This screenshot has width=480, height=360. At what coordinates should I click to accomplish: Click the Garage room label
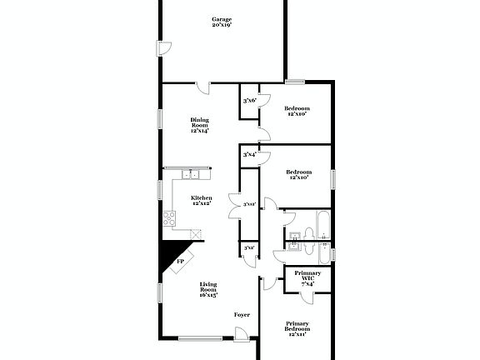point(221,18)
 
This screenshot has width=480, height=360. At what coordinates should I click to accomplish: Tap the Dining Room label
point(200,122)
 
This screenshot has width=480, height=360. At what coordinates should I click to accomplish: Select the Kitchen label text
point(202,197)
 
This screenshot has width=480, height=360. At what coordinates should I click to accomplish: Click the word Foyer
point(242,314)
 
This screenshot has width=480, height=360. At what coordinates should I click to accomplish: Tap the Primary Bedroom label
point(297,326)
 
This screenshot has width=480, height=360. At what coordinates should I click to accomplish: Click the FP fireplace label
point(180,262)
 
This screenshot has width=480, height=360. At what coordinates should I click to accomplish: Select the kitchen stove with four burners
point(169,219)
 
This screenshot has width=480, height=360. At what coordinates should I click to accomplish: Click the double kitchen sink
point(192,174)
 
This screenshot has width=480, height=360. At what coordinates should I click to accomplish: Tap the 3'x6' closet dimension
point(248,101)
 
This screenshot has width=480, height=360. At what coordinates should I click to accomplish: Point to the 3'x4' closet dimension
point(248,154)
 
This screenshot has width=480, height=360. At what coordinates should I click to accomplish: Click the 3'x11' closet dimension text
point(248,204)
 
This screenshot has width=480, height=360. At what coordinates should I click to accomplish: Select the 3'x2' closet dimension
point(248,247)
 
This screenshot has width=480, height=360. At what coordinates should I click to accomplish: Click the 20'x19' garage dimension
point(221,26)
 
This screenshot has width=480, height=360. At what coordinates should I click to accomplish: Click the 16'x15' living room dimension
point(208,295)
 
